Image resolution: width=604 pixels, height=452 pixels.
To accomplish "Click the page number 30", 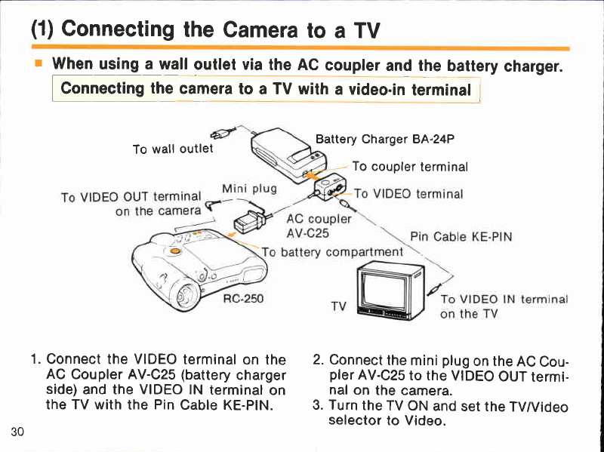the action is [17, 432].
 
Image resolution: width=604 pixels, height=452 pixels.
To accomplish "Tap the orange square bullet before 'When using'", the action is [39, 63].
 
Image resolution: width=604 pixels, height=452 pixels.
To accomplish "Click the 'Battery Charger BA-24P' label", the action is [385, 139].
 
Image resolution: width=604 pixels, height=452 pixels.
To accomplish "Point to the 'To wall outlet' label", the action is [173, 149].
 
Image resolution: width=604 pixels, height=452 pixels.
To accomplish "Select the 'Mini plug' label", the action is [250, 189].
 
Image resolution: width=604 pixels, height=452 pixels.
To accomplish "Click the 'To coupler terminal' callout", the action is [410, 167].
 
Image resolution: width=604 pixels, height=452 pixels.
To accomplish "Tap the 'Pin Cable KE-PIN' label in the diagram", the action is [461, 236].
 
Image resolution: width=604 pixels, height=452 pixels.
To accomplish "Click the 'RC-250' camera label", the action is [243, 298].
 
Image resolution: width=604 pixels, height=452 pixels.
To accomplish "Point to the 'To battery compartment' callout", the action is [332, 252].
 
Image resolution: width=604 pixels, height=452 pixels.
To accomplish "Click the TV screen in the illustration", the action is [384, 291].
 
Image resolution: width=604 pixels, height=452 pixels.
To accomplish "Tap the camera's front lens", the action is [186, 295].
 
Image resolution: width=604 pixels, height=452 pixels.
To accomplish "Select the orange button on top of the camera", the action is [174, 251].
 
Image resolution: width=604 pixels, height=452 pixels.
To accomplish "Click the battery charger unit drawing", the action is [288, 154].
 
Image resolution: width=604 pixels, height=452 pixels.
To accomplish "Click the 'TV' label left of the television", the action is [339, 306].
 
